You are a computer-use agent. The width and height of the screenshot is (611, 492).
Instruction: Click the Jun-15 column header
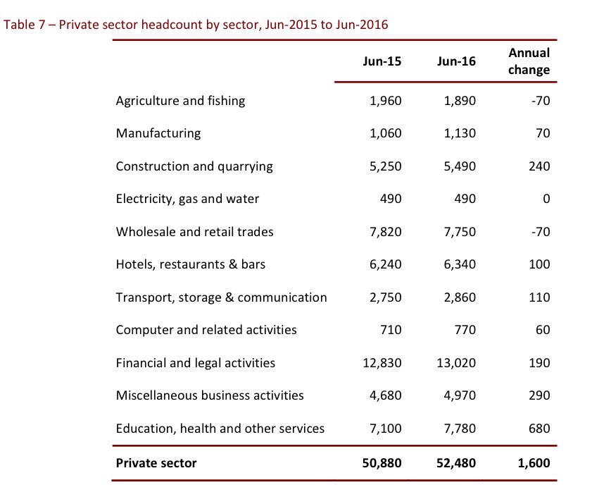382,61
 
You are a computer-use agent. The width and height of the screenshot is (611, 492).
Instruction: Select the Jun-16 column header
456,61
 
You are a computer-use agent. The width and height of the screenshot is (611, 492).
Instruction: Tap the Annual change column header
529,61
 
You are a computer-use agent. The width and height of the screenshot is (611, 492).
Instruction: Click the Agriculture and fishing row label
180,101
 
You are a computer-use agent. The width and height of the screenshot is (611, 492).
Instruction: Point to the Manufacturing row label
158,133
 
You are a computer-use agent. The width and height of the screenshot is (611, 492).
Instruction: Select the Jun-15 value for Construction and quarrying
385,166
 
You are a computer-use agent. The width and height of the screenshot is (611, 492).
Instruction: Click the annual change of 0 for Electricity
546,199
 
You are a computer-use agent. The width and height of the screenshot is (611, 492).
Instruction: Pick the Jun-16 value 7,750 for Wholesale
460,232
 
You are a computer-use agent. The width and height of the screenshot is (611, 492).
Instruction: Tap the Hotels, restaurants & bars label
191,264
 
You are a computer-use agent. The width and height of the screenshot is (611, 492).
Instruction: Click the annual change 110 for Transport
538,297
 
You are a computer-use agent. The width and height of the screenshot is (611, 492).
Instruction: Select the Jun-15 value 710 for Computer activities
391,330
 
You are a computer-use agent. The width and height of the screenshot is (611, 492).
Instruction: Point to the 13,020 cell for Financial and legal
456,363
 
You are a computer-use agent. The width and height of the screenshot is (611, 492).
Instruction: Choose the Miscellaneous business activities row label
210,395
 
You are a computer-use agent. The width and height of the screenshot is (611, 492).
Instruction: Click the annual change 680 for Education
538,429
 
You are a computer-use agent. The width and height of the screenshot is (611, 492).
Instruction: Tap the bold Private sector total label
156,463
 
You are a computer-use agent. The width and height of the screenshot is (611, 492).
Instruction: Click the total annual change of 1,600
532,463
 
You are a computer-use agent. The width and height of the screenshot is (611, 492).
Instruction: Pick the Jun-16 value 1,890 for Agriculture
460,101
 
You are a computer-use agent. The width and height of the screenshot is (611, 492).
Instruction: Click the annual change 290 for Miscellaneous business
538,395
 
